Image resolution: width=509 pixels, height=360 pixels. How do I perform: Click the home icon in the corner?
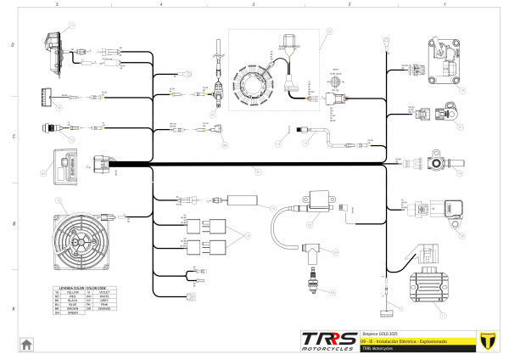coord(27,344)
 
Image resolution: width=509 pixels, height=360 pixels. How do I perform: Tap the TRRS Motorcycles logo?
coord(329,340)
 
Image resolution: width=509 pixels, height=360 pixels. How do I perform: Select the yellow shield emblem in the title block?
coord(487,340)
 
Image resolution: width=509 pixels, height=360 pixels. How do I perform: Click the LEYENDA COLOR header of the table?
coord(69,286)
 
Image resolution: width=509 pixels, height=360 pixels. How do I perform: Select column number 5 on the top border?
coord(56,5)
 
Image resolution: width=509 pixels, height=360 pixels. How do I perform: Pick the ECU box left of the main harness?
coord(66,163)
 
